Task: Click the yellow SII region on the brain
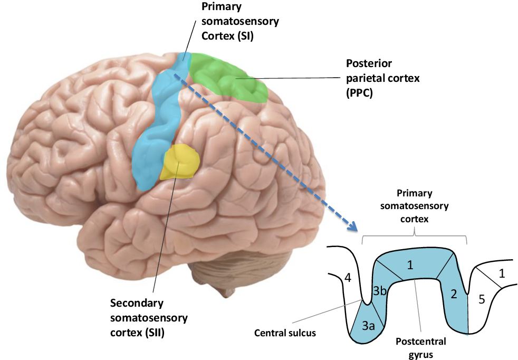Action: tap(182, 162)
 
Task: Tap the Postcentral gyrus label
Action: tap(414, 348)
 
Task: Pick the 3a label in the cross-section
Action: tap(368, 326)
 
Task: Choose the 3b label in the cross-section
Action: tap(379, 291)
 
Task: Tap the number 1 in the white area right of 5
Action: tap(502, 273)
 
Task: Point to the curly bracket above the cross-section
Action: tap(415, 236)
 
